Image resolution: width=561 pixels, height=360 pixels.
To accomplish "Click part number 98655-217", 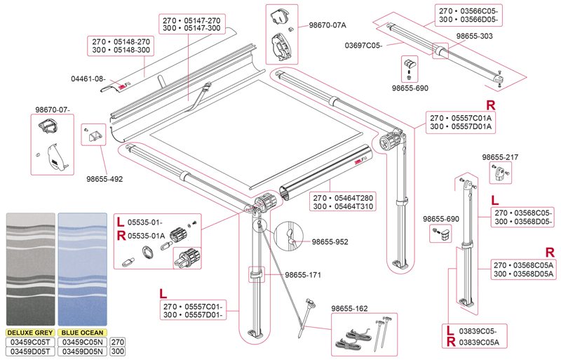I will pyautogui.click(x=501, y=156).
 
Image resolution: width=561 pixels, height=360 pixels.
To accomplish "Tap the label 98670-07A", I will pyautogui.click(x=327, y=25).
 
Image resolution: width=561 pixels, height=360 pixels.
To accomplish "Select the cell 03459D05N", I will pyautogui.click(x=83, y=351).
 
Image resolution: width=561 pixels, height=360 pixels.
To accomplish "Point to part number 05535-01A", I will pyautogui.click(x=147, y=236).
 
